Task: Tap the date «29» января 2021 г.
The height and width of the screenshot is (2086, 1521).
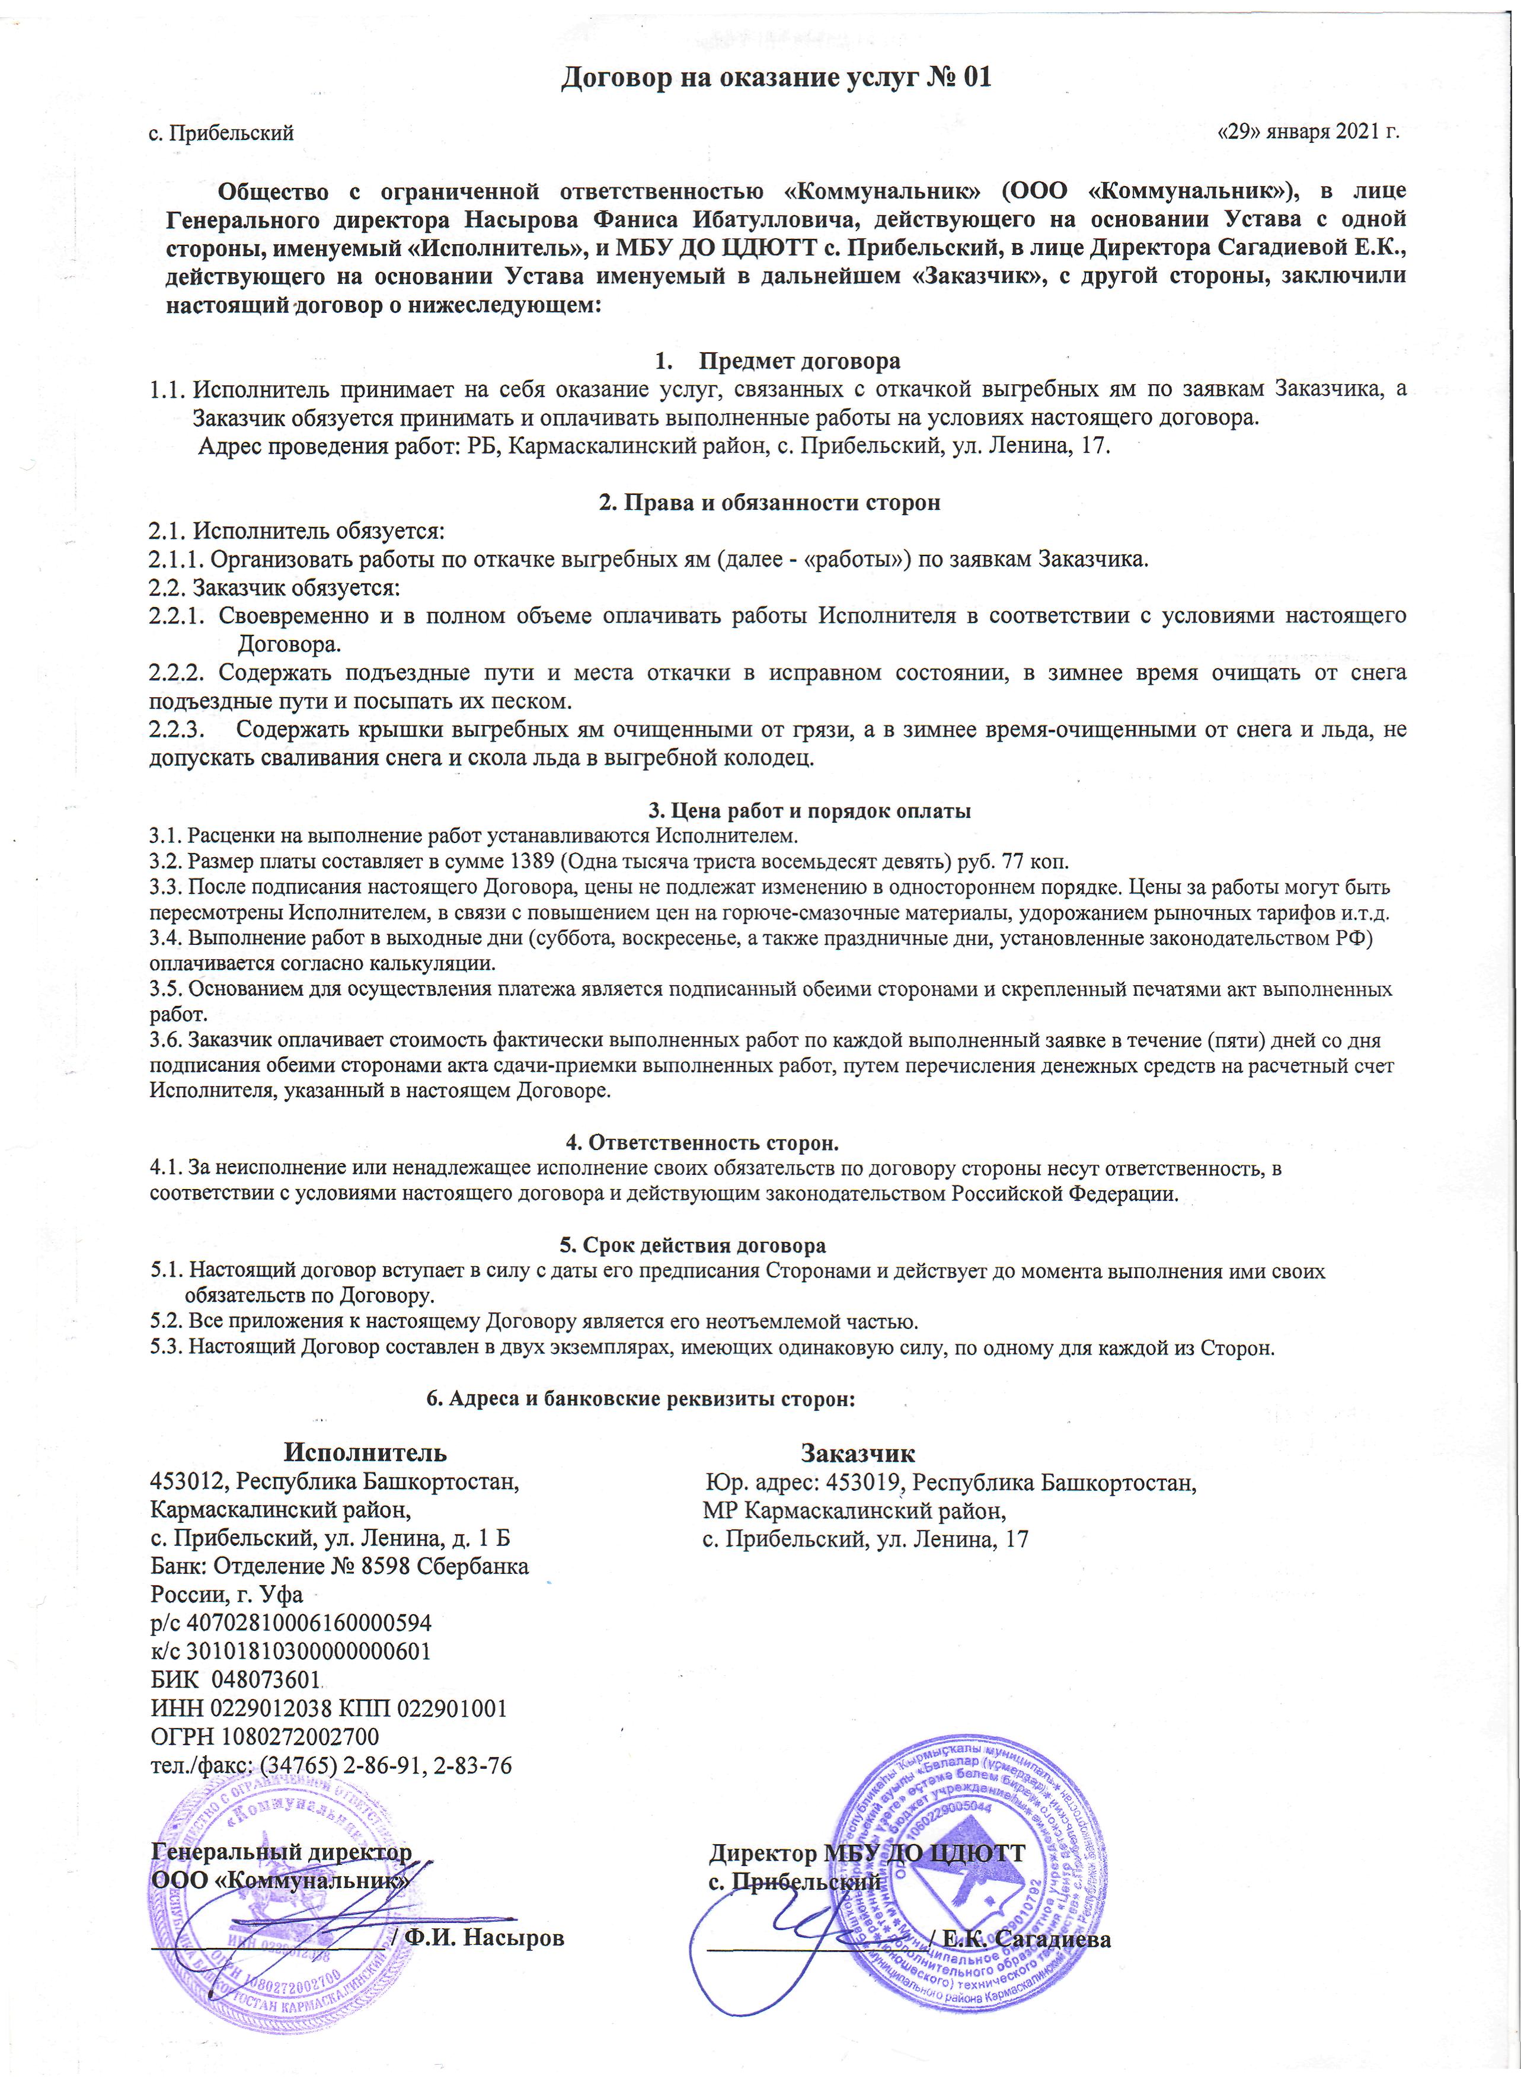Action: (x=1308, y=132)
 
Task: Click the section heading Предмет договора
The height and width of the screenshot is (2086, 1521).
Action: (x=798, y=361)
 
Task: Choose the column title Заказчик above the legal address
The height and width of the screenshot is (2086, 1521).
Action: (x=857, y=1454)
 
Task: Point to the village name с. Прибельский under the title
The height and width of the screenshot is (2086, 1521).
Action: (x=221, y=133)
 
